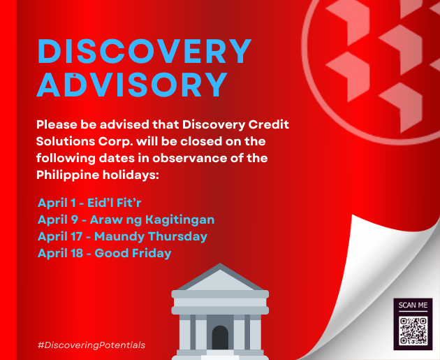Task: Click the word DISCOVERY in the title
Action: point(145,52)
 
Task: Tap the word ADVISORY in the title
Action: point(132,85)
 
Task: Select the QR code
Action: point(413,331)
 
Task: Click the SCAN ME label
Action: point(413,305)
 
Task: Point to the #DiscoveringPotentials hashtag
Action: point(91,345)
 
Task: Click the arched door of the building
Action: point(220,337)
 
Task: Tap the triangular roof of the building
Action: point(220,277)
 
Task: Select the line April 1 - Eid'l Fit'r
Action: point(89,203)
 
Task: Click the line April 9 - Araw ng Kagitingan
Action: point(126,219)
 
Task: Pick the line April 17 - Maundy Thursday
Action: point(123,236)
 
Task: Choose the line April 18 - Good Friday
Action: point(104,253)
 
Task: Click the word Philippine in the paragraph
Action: point(68,175)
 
